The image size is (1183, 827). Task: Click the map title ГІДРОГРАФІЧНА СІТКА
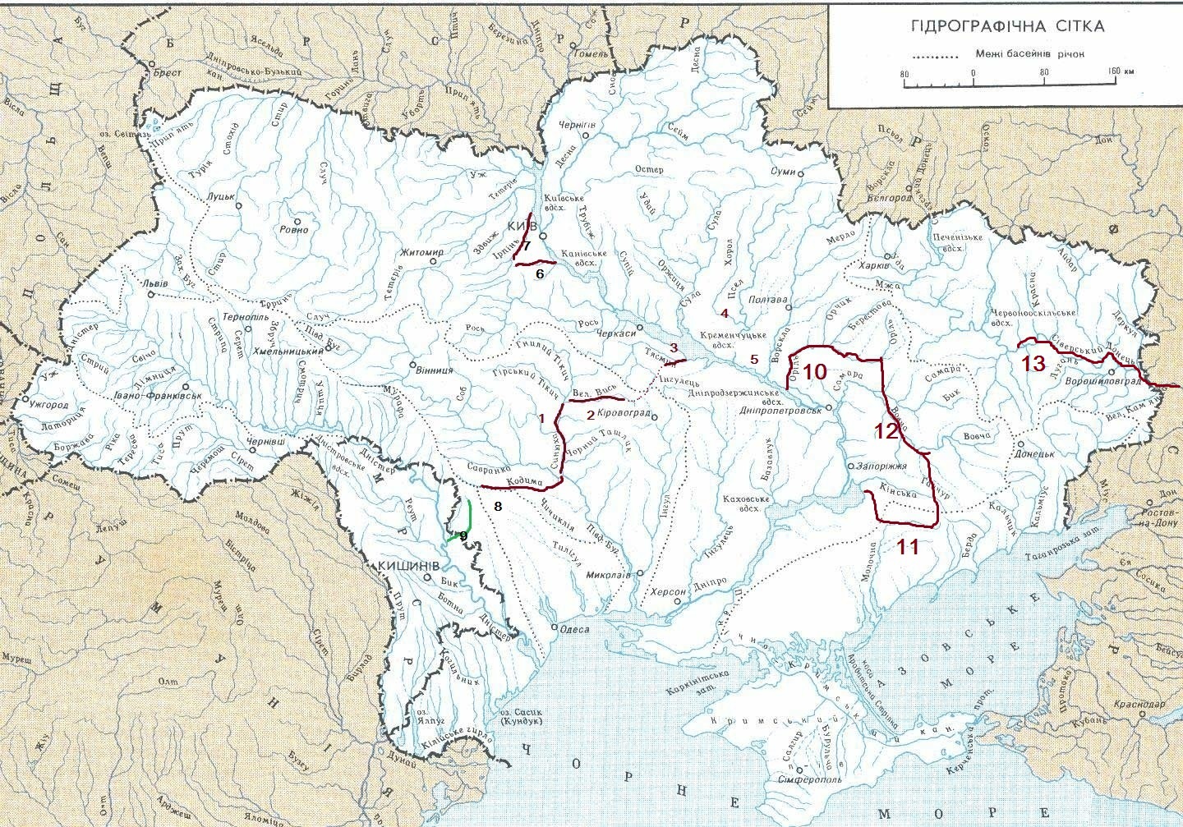(1007, 25)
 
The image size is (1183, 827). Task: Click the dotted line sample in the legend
(937, 56)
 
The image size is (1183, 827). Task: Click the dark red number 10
(814, 371)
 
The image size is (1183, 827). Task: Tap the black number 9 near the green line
(463, 535)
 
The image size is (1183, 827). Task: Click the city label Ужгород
(47, 405)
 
